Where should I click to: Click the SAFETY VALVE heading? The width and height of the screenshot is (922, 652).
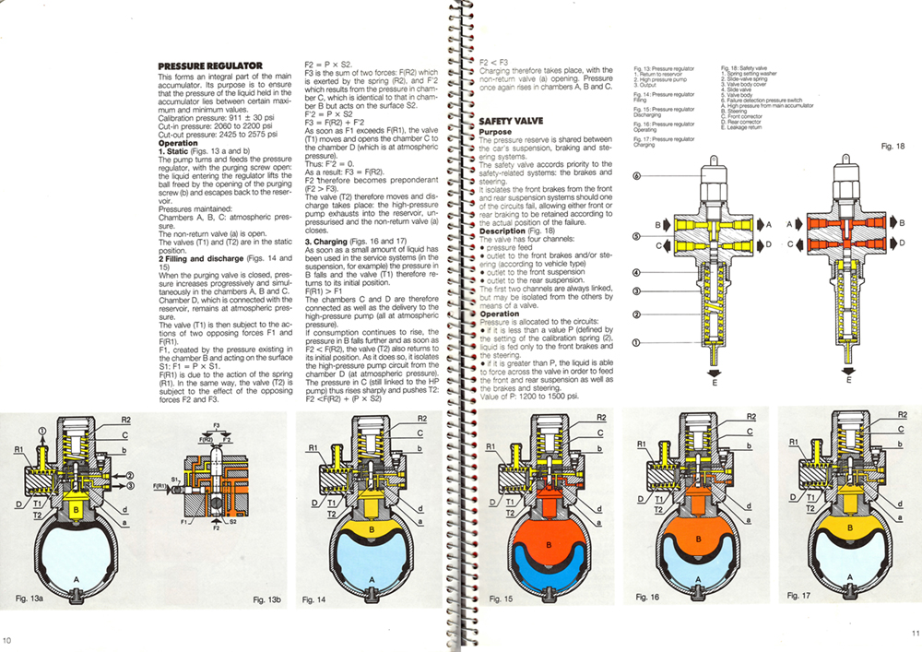coord(511,121)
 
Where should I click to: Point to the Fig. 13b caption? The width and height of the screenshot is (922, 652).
coord(267,599)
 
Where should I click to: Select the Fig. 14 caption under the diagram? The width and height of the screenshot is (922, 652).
coord(314,599)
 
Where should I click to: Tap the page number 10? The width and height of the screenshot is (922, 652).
coord(7,642)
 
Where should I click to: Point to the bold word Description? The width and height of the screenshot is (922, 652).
coord(502,230)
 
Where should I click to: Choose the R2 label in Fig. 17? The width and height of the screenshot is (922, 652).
coord(904,417)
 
